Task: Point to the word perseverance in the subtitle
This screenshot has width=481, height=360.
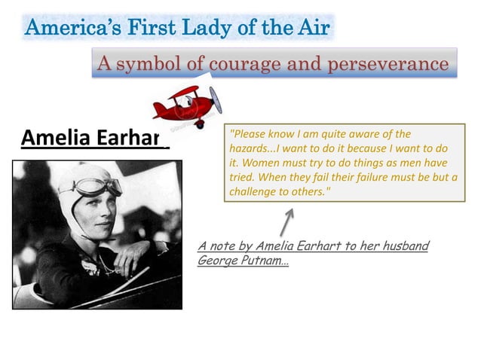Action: point(385,63)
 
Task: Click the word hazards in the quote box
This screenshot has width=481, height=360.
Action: point(250,148)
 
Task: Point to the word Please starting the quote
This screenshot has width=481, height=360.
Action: point(248,133)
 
